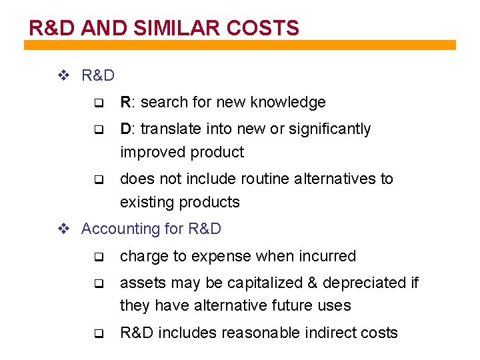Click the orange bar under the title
240,45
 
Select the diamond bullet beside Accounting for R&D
64,229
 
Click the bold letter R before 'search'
125,102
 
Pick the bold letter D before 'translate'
125,129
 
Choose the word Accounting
116,229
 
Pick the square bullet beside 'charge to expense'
97,257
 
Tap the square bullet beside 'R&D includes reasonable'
97,333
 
